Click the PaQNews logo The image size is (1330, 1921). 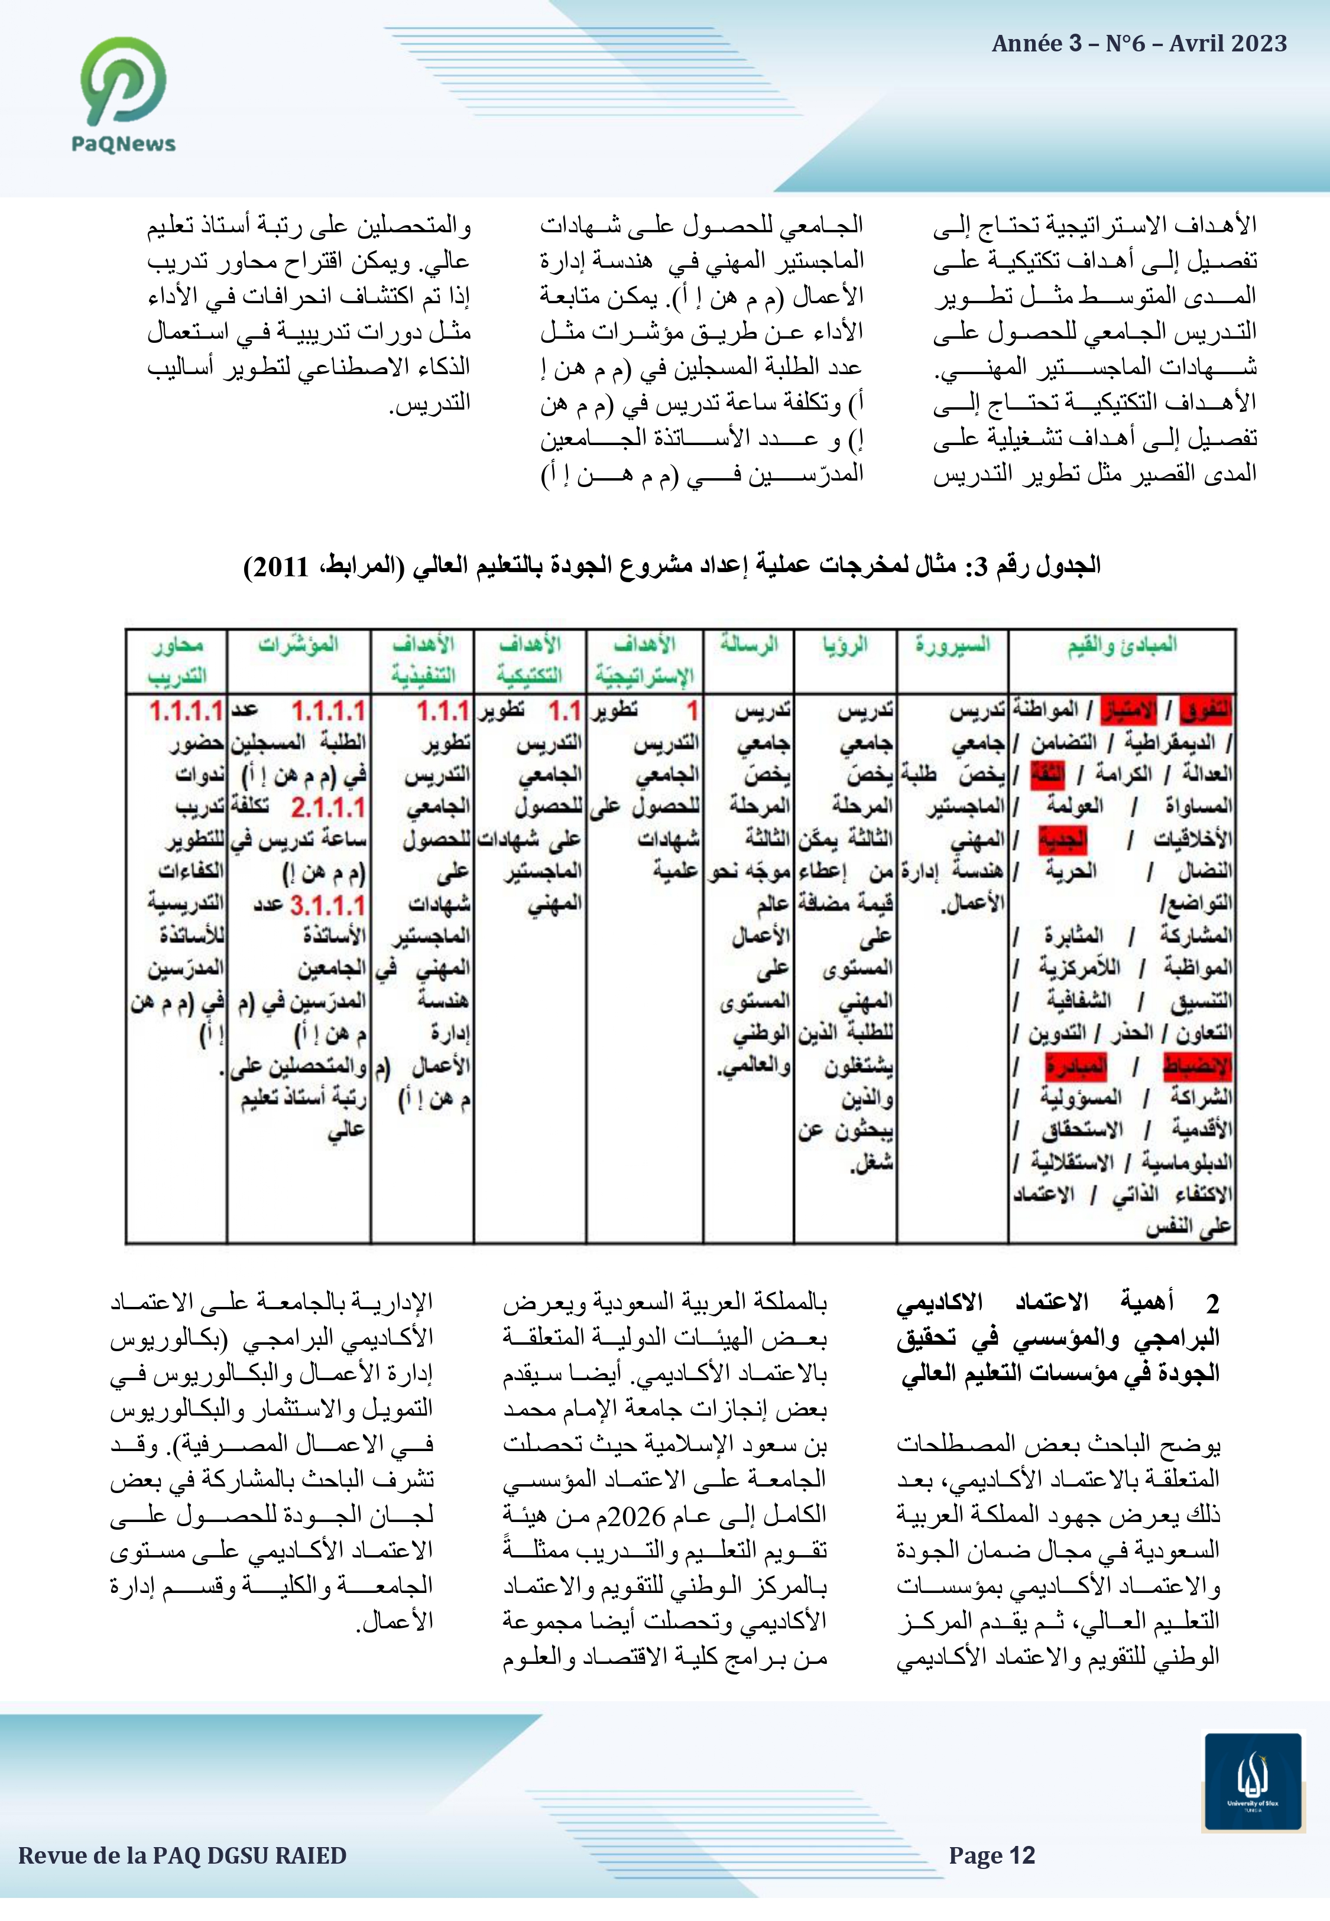pos(124,93)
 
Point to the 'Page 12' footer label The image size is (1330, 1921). pos(992,1856)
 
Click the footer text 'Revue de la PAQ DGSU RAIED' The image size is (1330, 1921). pos(183,1856)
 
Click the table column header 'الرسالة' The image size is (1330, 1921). pos(749,644)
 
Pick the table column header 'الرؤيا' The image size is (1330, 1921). pos(845,644)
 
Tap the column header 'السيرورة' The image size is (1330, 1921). pos(952,644)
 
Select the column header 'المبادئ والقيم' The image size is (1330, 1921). pos(1122,644)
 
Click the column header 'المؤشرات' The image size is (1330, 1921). pos(299,644)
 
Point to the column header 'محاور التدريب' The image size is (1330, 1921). pos(177,660)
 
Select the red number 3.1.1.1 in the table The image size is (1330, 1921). pos(327,906)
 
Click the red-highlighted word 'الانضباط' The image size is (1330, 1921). pos(1198,1066)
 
